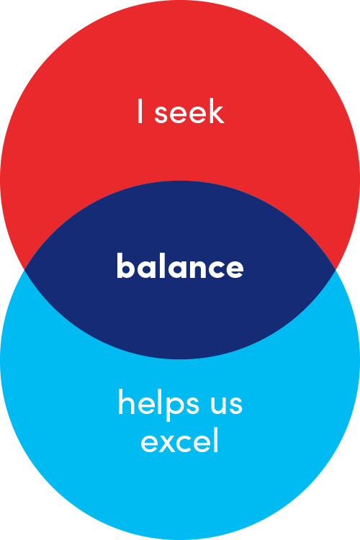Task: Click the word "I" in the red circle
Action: click(x=140, y=111)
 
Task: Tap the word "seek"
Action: click(x=190, y=111)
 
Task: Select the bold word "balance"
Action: click(x=180, y=266)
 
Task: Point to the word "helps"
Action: click(x=158, y=404)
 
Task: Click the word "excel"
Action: click(x=180, y=440)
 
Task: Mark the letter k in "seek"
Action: click(x=216, y=111)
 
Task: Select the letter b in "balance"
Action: click(x=126, y=266)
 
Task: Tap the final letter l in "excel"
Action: click(x=216, y=440)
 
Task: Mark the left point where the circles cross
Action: click(x=24, y=270)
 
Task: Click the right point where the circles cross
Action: click(x=336, y=270)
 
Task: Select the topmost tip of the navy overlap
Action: click(x=180, y=181)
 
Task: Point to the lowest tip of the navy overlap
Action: click(x=180, y=359)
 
